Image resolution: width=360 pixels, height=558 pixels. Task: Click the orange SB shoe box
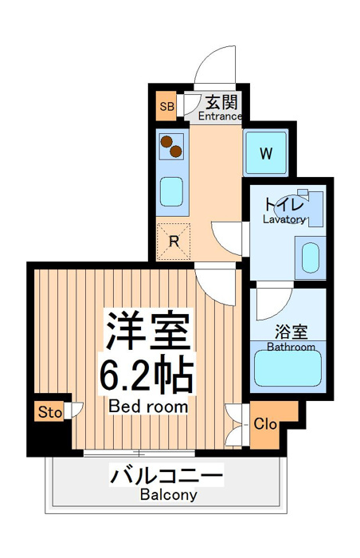(x=166, y=106)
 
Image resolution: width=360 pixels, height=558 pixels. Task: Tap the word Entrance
(x=220, y=116)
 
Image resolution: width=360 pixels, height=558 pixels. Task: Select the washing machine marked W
(x=266, y=153)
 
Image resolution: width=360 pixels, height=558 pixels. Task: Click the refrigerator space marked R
(x=174, y=242)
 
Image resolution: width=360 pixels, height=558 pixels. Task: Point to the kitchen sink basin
(x=171, y=191)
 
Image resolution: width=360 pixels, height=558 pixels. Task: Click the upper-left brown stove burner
(x=166, y=142)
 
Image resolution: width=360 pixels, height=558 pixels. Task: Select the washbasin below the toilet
(x=310, y=257)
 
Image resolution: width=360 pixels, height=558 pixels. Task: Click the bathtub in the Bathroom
(x=288, y=368)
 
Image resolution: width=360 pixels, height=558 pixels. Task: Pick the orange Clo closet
(x=269, y=424)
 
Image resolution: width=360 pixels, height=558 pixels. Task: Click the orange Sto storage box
(x=50, y=412)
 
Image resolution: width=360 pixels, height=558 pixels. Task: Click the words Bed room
(x=148, y=406)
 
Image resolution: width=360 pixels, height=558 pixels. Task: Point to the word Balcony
(x=168, y=495)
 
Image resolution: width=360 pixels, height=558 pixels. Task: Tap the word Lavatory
(x=284, y=219)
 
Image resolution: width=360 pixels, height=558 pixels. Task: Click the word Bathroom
(x=291, y=347)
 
